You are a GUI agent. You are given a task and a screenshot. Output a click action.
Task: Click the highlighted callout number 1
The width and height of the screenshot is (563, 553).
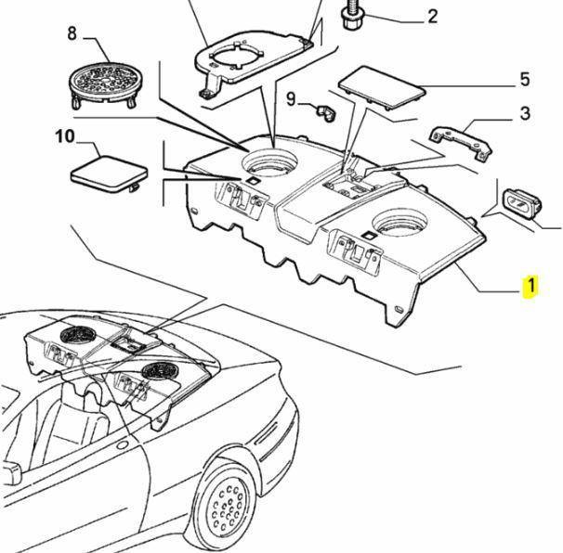(x=530, y=286)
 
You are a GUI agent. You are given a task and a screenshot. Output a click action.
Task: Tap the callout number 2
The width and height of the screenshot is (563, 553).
(x=432, y=16)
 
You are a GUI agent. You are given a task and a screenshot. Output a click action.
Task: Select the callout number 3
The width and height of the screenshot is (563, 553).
(x=525, y=114)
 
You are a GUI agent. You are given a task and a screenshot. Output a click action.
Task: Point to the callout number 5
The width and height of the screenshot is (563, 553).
(x=524, y=80)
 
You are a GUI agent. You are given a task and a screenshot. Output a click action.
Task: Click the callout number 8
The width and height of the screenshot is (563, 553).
(x=71, y=35)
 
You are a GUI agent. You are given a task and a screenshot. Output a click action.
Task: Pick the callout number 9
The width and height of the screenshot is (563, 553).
(x=290, y=98)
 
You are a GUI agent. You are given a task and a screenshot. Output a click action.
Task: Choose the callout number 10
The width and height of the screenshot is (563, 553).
(x=64, y=137)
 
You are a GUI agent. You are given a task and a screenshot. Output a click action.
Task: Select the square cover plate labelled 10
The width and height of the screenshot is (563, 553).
(x=108, y=172)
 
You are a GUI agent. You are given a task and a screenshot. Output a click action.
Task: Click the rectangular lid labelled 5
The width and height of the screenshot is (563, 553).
(x=380, y=86)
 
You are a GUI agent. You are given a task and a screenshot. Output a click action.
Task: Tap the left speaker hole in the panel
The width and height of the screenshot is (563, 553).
(x=272, y=158)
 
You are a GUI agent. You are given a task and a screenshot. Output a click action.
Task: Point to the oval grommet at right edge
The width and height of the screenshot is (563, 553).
(x=520, y=201)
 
